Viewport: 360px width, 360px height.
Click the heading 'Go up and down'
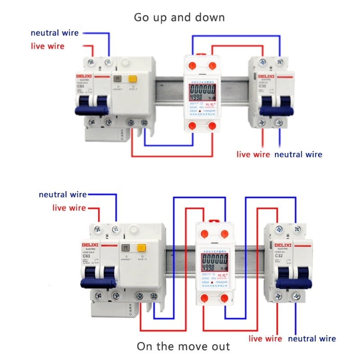tap(179, 18)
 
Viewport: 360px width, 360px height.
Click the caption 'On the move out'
tap(183, 346)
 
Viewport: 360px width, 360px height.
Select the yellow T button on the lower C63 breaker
tap(141, 247)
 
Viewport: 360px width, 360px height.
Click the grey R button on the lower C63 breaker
tap(126, 247)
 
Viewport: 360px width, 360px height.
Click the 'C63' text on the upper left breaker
tap(81, 86)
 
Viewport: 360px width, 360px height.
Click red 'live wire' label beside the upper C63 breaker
tap(47, 46)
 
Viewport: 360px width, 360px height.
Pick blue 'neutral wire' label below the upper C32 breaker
tap(298, 154)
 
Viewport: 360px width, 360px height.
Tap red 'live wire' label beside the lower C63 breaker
tap(69, 207)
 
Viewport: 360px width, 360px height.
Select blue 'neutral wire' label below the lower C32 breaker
tap(312, 338)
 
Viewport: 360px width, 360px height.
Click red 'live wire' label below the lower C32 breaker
tap(265, 338)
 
